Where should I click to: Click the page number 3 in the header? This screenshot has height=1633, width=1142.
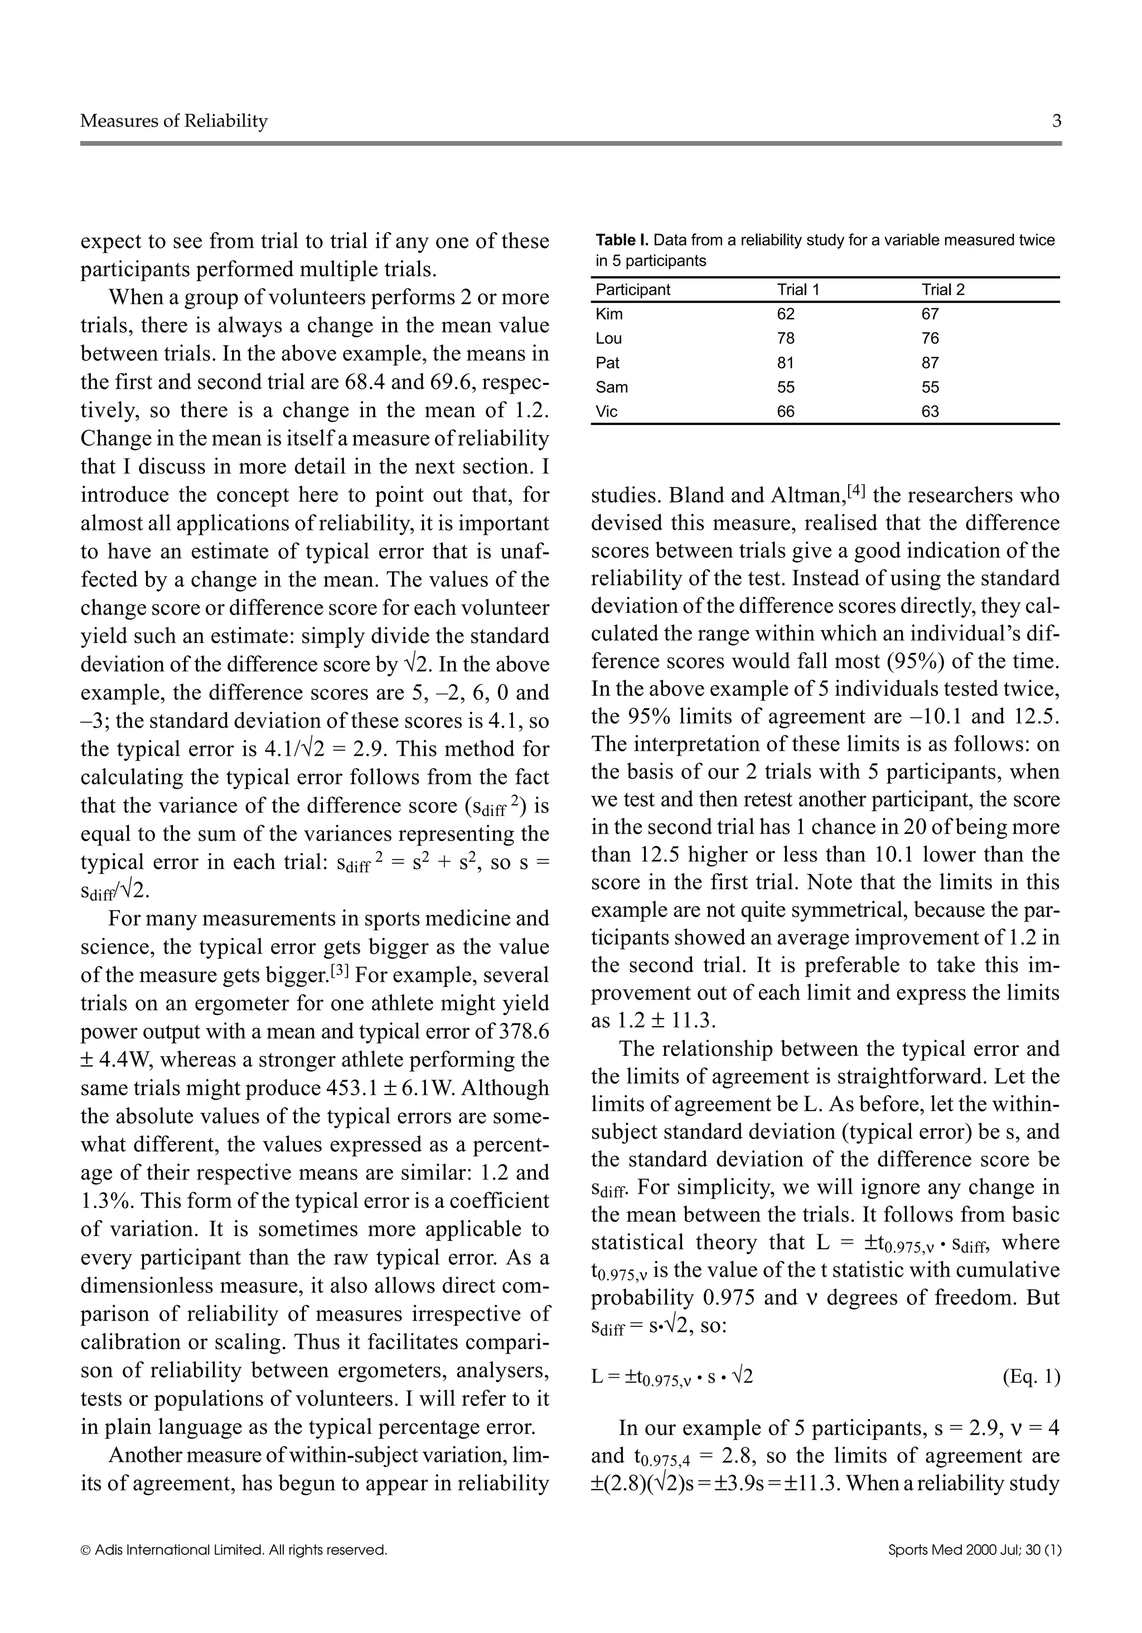1056,121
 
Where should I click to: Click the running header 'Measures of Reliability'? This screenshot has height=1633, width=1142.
173,121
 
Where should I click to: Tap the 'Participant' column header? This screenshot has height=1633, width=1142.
632,290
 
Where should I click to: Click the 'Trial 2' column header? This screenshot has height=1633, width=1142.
943,290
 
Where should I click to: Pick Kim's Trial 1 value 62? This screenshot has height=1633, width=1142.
785,315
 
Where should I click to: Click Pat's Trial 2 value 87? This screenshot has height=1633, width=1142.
930,363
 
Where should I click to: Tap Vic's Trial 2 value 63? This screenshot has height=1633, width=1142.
930,412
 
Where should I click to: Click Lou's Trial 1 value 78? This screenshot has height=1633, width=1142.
785,339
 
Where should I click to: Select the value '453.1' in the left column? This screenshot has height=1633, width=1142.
351,1088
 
